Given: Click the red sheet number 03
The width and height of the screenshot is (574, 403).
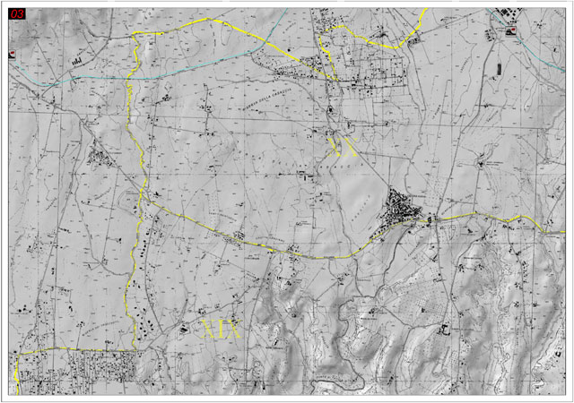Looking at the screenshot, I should (x=16, y=14).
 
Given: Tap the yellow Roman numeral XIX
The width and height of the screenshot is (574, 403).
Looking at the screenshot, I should (x=222, y=328).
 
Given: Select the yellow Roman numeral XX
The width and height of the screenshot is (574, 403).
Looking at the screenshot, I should (x=344, y=147).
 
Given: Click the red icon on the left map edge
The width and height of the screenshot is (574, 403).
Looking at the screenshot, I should (x=12, y=54).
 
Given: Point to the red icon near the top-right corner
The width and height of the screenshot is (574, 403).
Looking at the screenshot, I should (x=512, y=31).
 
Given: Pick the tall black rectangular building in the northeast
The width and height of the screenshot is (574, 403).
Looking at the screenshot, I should (x=497, y=67).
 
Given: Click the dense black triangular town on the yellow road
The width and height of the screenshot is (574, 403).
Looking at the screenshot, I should (x=403, y=211).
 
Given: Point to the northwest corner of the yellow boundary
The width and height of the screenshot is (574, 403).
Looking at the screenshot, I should (x=136, y=34).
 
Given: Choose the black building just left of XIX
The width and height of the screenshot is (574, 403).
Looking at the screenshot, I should (x=187, y=328).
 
